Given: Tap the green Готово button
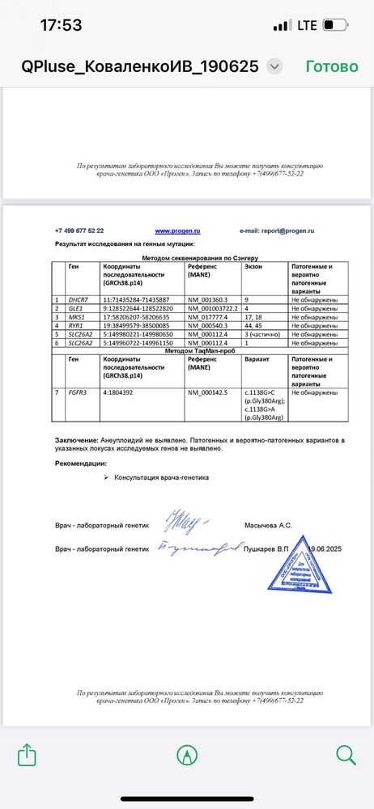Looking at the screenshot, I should coord(332,66).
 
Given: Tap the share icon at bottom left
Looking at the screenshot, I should coord(27,755).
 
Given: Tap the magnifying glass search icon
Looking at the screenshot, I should coord(346,755).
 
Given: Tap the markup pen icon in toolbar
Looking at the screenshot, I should coord(187,755).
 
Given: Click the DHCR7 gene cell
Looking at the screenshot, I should coord(79,299).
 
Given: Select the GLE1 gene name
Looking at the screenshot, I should coord(76,308).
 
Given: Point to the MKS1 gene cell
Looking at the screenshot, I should coord(77,317).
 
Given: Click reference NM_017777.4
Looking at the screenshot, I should coord(208,317).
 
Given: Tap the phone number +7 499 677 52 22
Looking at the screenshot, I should coord(79,231).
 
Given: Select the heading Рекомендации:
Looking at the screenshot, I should coord(81,464).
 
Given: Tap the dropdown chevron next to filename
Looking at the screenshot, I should coord(275,66).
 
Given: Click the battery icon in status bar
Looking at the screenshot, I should coord(334,26).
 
